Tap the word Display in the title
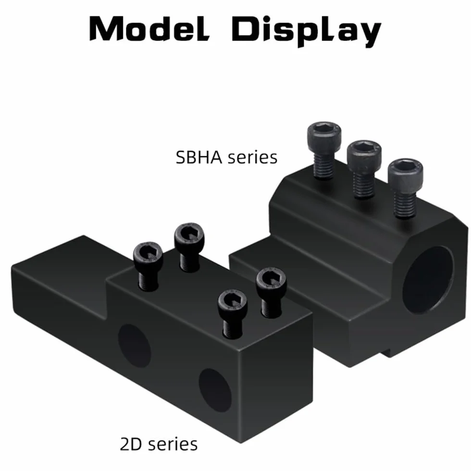click(x=307, y=31)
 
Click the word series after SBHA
click(x=252, y=158)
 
